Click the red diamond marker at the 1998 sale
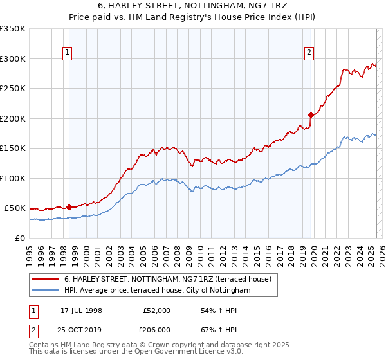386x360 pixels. click(x=69, y=207)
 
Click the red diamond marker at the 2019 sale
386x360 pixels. click(x=311, y=115)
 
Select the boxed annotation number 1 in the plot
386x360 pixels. click(x=68, y=53)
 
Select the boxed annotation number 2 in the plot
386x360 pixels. click(x=309, y=53)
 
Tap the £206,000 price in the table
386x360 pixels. click(x=157, y=330)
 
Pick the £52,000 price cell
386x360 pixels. click(x=157, y=310)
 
